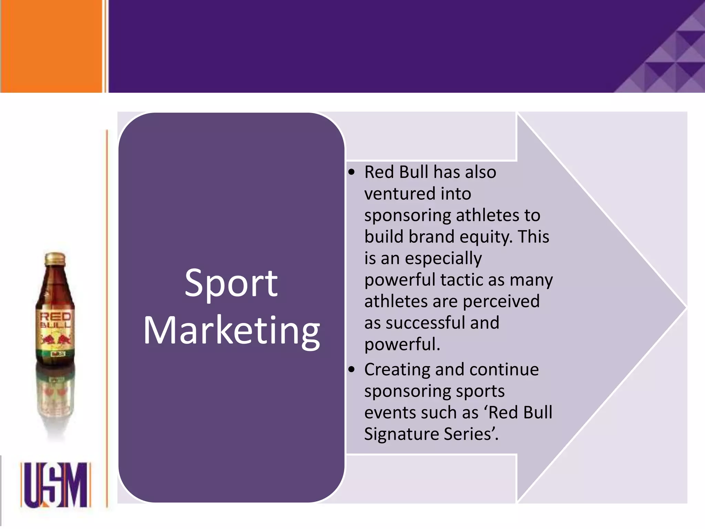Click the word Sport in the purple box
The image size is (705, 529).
[x=231, y=283]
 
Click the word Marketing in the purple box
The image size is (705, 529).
[x=232, y=330]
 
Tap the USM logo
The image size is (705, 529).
[x=55, y=485]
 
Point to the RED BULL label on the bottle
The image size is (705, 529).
[x=55, y=320]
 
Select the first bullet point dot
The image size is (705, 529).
[x=351, y=173]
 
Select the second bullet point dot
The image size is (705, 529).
[x=351, y=370]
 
